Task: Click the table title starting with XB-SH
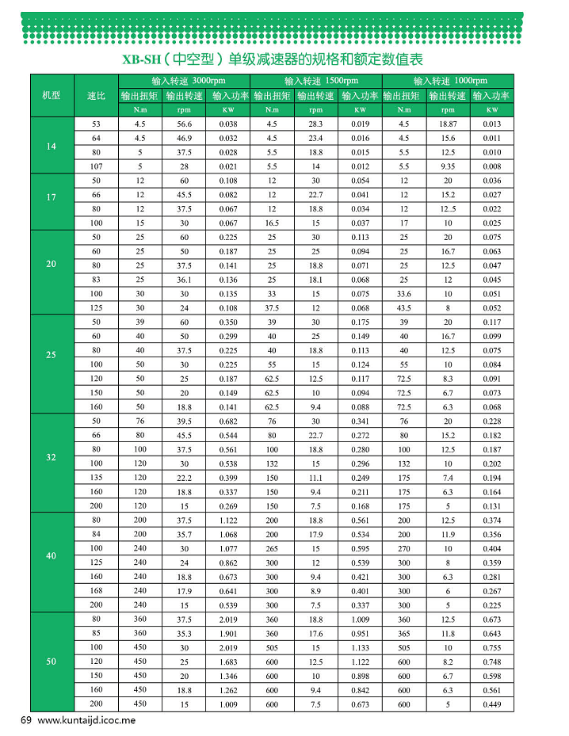273,59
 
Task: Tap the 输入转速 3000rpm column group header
184,82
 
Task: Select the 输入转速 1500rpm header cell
316,82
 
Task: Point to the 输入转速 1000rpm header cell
448,82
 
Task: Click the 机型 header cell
52,96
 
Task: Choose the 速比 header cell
96,96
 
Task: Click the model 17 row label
52,196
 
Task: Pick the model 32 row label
52,457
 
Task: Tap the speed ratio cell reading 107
96,166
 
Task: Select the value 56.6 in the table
185,124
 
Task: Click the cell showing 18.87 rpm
448,124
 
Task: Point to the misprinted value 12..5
448,209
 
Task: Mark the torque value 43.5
404,307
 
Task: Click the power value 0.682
228,421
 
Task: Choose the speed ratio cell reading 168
96,589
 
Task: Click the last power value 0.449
491,704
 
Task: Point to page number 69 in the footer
25,721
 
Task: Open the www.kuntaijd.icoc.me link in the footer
87,721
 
